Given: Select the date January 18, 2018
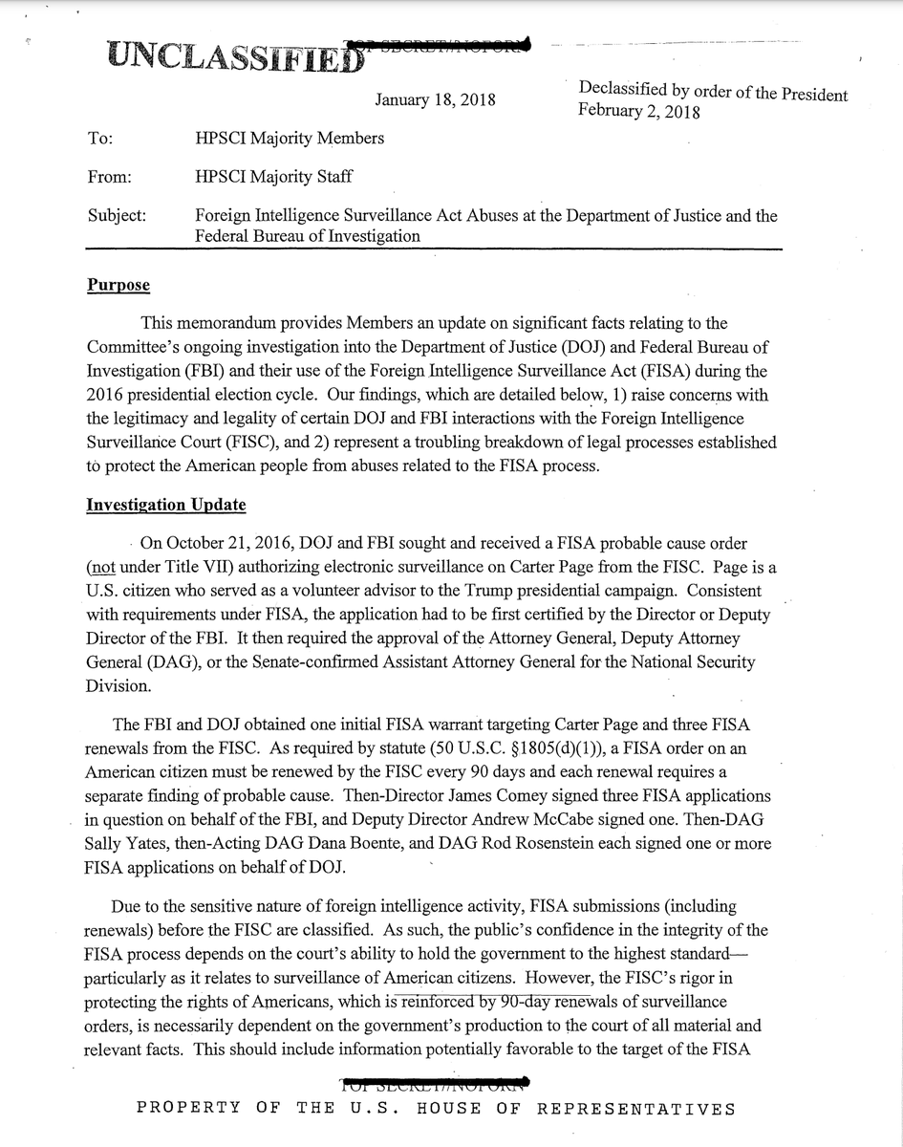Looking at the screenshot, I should pos(435,99).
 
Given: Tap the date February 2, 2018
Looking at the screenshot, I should pos(638,112).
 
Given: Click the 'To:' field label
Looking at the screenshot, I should pos(99,139).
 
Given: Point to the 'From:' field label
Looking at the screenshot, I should pos(108,177).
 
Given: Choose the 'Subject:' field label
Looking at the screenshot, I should pos(116,216).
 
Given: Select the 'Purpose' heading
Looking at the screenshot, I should pos(118,285).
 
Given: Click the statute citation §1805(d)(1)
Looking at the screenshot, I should pos(508,747).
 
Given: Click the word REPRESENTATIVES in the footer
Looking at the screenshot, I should pos(635,1109).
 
